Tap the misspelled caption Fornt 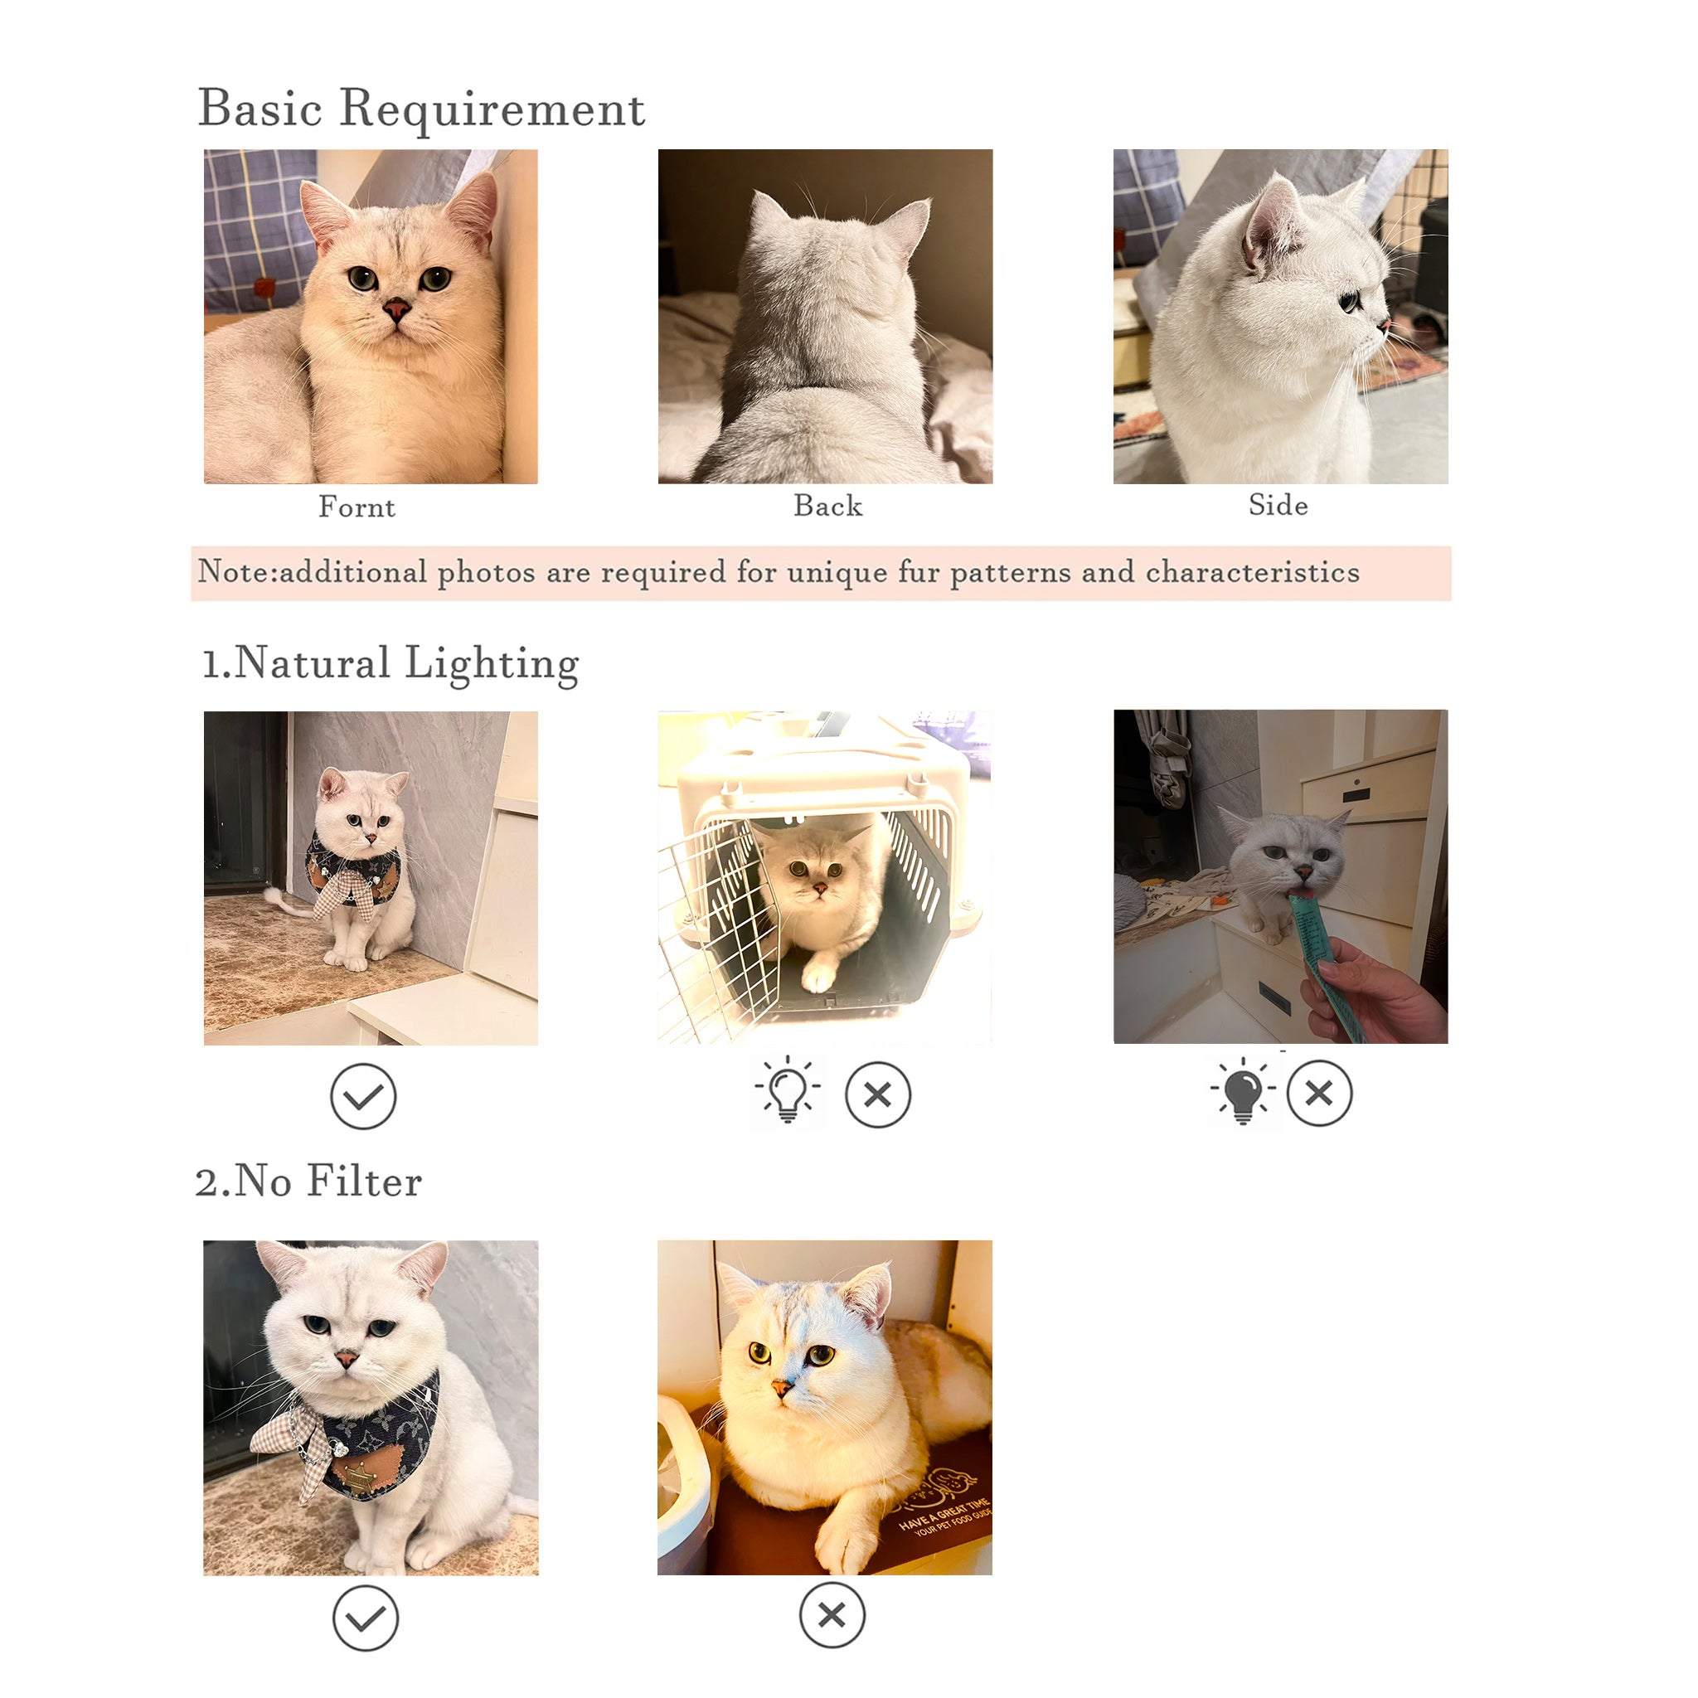click(x=357, y=507)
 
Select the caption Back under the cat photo click(x=828, y=506)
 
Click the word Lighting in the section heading click(x=492, y=664)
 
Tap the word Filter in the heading click(x=365, y=1181)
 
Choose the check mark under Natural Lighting click(x=363, y=1096)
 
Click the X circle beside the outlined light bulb click(x=878, y=1095)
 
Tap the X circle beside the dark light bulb click(x=1319, y=1094)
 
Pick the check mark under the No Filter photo click(x=366, y=1618)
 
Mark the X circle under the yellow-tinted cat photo click(x=832, y=1615)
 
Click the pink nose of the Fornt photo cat click(x=396, y=308)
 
